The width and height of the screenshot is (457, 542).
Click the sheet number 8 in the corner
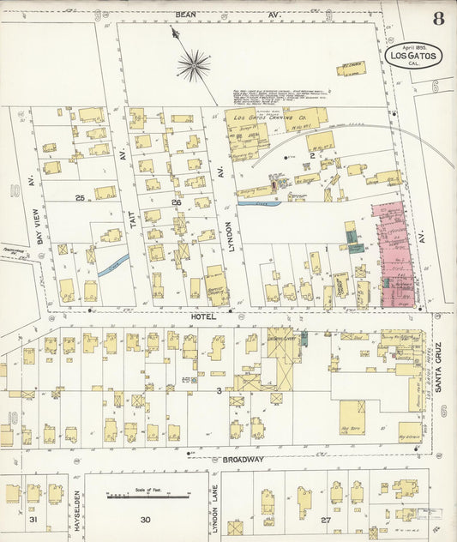point(438,18)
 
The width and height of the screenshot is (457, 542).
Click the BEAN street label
point(185,15)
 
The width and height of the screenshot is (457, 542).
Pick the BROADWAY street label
point(243,460)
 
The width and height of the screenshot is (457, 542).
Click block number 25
point(80,198)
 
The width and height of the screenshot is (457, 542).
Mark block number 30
point(146,520)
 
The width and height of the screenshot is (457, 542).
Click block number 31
point(33,520)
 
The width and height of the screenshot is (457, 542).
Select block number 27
point(325,520)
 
